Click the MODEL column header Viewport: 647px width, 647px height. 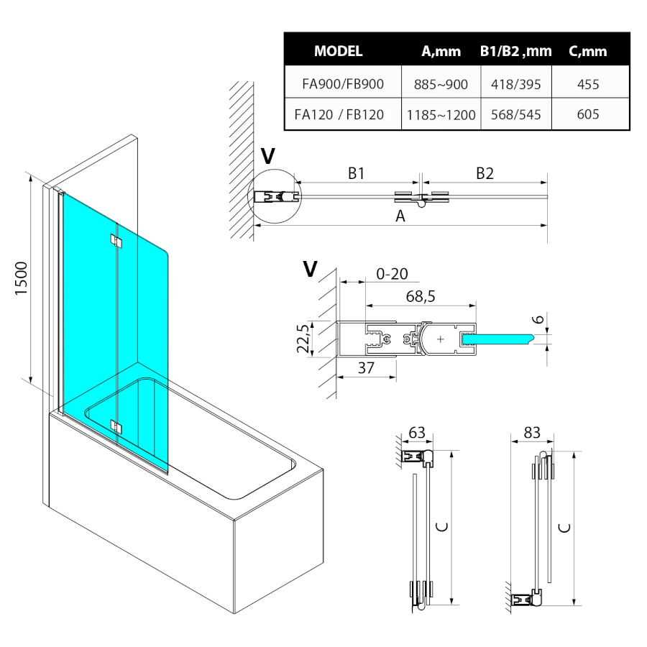(x=338, y=51)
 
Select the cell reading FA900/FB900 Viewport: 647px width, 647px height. (x=343, y=84)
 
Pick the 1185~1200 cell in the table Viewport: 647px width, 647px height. (x=441, y=114)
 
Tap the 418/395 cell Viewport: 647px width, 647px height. (x=515, y=84)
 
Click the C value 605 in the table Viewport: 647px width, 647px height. (x=588, y=114)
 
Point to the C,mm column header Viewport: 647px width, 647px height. (x=587, y=51)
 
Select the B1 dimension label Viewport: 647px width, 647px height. (x=357, y=173)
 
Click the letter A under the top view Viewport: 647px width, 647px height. (x=401, y=216)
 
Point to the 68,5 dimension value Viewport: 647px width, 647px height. (x=420, y=295)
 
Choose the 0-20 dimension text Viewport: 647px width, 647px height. (x=392, y=273)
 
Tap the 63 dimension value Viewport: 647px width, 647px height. (x=417, y=432)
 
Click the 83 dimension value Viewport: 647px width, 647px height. (x=532, y=432)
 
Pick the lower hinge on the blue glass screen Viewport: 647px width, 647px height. (x=116, y=426)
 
